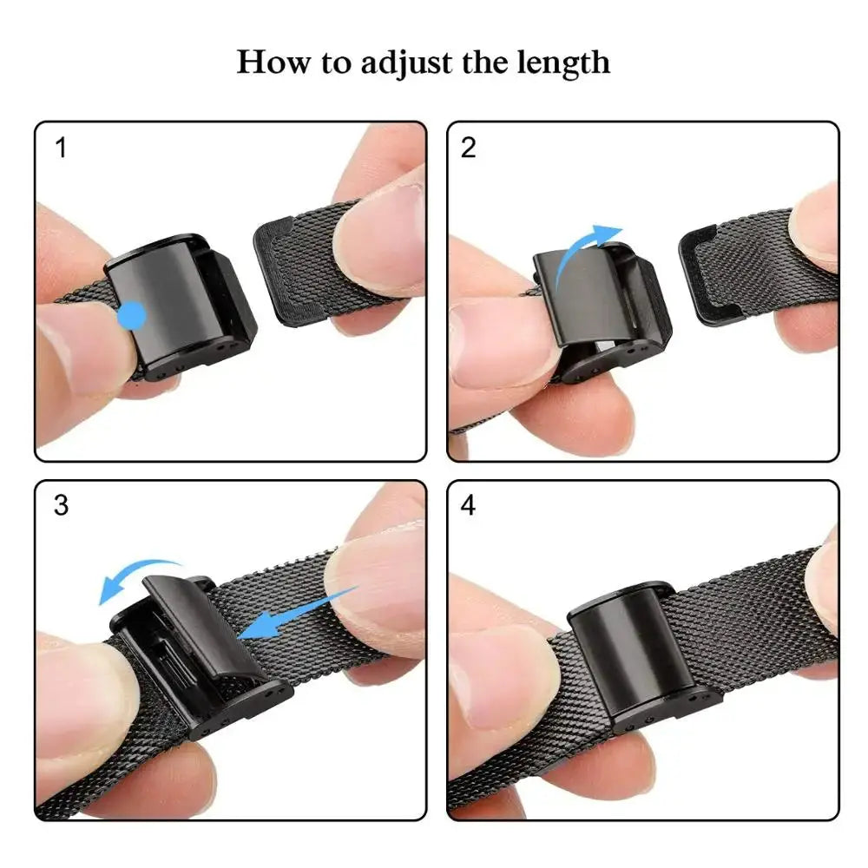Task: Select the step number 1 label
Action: (61, 148)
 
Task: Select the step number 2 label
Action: (469, 148)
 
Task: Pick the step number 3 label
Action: (61, 505)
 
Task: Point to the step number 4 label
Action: (469, 505)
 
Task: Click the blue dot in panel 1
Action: (133, 314)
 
